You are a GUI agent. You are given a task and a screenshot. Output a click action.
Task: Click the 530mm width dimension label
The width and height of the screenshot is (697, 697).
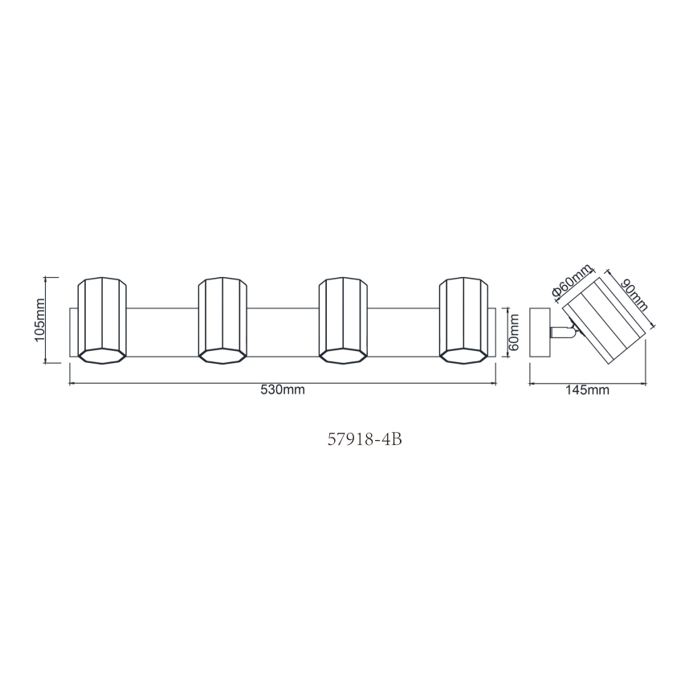point(282,391)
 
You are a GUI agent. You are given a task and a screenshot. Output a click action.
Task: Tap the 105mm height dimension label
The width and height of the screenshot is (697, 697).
point(40,320)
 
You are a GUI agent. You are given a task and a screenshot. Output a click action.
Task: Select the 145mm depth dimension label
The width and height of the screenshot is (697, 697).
point(588,391)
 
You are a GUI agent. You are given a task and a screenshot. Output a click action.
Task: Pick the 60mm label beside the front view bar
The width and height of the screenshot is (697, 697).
point(515,332)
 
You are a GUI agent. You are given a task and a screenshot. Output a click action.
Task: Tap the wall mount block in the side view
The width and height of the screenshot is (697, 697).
point(539,332)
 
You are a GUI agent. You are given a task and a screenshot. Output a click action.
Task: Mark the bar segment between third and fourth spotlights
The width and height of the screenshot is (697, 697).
point(403,332)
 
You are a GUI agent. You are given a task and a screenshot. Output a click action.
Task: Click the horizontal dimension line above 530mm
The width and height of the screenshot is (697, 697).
point(282,383)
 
